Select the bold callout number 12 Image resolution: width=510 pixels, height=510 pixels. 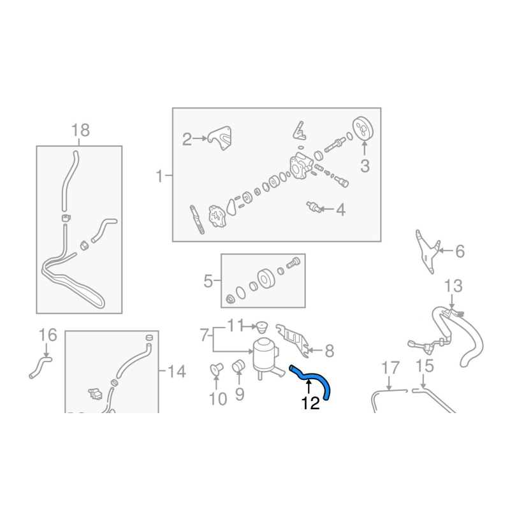(x=310, y=404)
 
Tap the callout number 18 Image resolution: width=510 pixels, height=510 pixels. (x=80, y=130)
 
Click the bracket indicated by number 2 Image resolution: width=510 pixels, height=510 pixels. (x=221, y=137)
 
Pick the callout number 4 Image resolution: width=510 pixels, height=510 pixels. (x=340, y=210)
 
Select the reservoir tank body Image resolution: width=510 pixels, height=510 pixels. (x=265, y=357)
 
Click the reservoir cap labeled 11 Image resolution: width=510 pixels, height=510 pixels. (x=262, y=327)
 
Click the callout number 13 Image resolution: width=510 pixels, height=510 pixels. (x=453, y=286)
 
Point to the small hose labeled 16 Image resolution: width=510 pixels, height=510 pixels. (x=41, y=367)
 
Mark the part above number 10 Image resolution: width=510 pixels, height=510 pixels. (x=215, y=369)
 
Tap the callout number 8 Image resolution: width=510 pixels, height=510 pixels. (x=330, y=351)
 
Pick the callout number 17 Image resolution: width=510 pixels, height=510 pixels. (x=390, y=368)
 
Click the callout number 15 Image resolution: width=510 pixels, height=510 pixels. (x=425, y=366)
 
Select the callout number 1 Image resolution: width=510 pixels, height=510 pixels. (x=159, y=177)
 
